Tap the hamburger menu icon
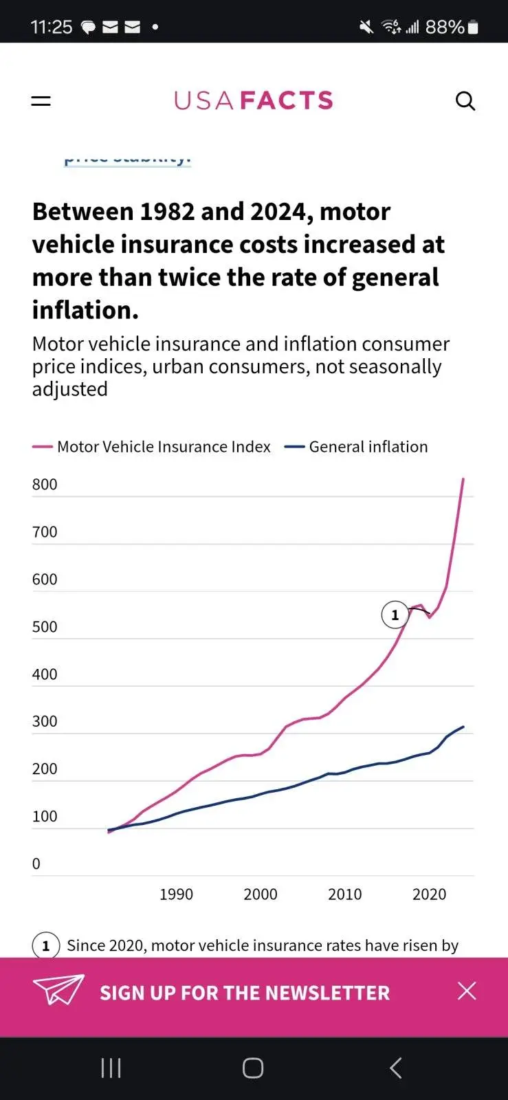tap(41, 101)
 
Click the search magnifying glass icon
tap(465, 101)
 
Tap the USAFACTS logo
tap(253, 101)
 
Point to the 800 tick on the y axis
tap(45, 485)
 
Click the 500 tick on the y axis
tap(45, 627)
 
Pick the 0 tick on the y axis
tap(36, 864)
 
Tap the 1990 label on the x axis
tap(176, 894)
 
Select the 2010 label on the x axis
tap(344, 894)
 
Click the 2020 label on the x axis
tap(429, 894)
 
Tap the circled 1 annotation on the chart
tap(395, 615)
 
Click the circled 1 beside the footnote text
tap(46, 946)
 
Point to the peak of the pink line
tap(463, 478)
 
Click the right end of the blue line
tap(463, 727)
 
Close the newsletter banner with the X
tap(467, 991)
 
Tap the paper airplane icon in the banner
tap(58, 990)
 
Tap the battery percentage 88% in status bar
tap(445, 27)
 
